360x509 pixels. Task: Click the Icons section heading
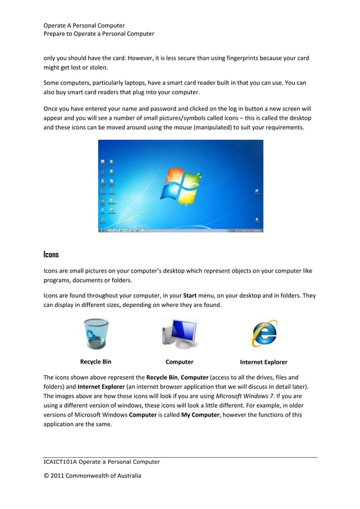click(x=51, y=255)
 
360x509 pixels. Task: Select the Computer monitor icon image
click(x=179, y=334)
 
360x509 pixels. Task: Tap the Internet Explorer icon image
click(x=264, y=334)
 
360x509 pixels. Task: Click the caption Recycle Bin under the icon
click(x=95, y=362)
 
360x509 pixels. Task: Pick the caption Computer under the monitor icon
click(x=179, y=362)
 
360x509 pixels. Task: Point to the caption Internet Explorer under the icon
click(x=264, y=362)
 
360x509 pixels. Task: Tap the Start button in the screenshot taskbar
click(x=102, y=231)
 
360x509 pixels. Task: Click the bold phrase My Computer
click(x=196, y=414)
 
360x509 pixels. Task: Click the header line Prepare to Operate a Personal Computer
click(x=99, y=34)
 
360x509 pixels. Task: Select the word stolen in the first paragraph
click(x=98, y=67)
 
